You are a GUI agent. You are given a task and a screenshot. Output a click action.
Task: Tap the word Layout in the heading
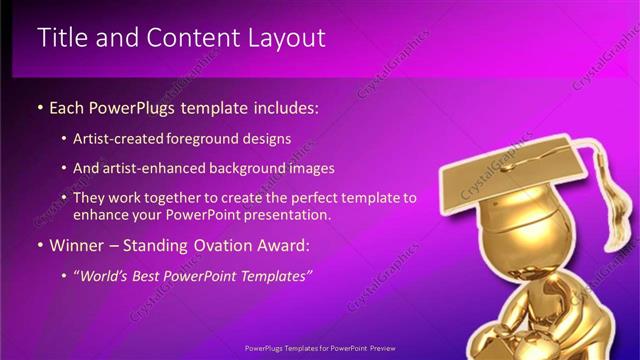pos(289,38)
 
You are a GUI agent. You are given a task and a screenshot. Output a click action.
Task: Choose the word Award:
pos(283,245)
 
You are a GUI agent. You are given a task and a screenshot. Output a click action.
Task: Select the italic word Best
pos(153,275)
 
